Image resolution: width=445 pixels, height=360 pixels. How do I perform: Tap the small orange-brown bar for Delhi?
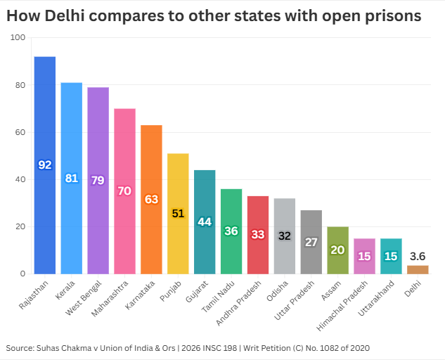[x=418, y=269]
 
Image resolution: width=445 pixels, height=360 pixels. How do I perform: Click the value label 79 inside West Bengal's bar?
[x=98, y=180]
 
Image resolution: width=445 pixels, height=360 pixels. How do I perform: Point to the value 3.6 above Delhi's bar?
[x=418, y=257]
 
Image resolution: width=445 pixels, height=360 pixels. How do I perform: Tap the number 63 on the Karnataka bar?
[x=151, y=199]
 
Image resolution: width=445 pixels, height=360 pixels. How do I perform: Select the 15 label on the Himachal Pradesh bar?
[x=364, y=256]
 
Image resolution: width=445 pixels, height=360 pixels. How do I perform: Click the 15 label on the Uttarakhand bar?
[x=391, y=256]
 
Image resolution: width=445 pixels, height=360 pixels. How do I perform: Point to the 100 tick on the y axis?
[x=18, y=38]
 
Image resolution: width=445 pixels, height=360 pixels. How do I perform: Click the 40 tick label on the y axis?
[x=20, y=179]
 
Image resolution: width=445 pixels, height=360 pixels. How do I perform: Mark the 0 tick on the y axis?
[x=23, y=274]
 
